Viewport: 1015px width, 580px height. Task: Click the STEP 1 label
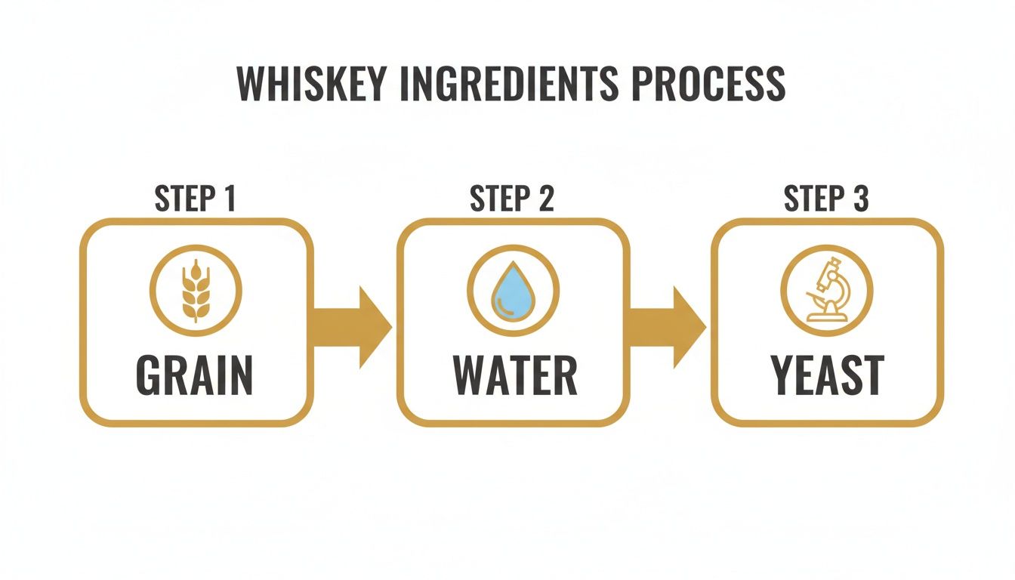(196, 199)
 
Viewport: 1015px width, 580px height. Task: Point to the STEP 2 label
(512, 199)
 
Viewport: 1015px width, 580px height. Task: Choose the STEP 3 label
(826, 199)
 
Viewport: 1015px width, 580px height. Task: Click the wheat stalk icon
(196, 291)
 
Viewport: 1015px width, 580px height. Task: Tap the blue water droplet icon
(513, 291)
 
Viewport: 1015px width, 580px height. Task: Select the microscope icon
(826, 291)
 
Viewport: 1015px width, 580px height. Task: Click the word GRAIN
(196, 375)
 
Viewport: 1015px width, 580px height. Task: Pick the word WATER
(514, 375)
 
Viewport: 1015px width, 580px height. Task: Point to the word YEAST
(827, 375)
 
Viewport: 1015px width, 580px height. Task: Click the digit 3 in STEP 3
(859, 199)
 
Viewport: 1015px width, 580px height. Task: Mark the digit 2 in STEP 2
(545, 199)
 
